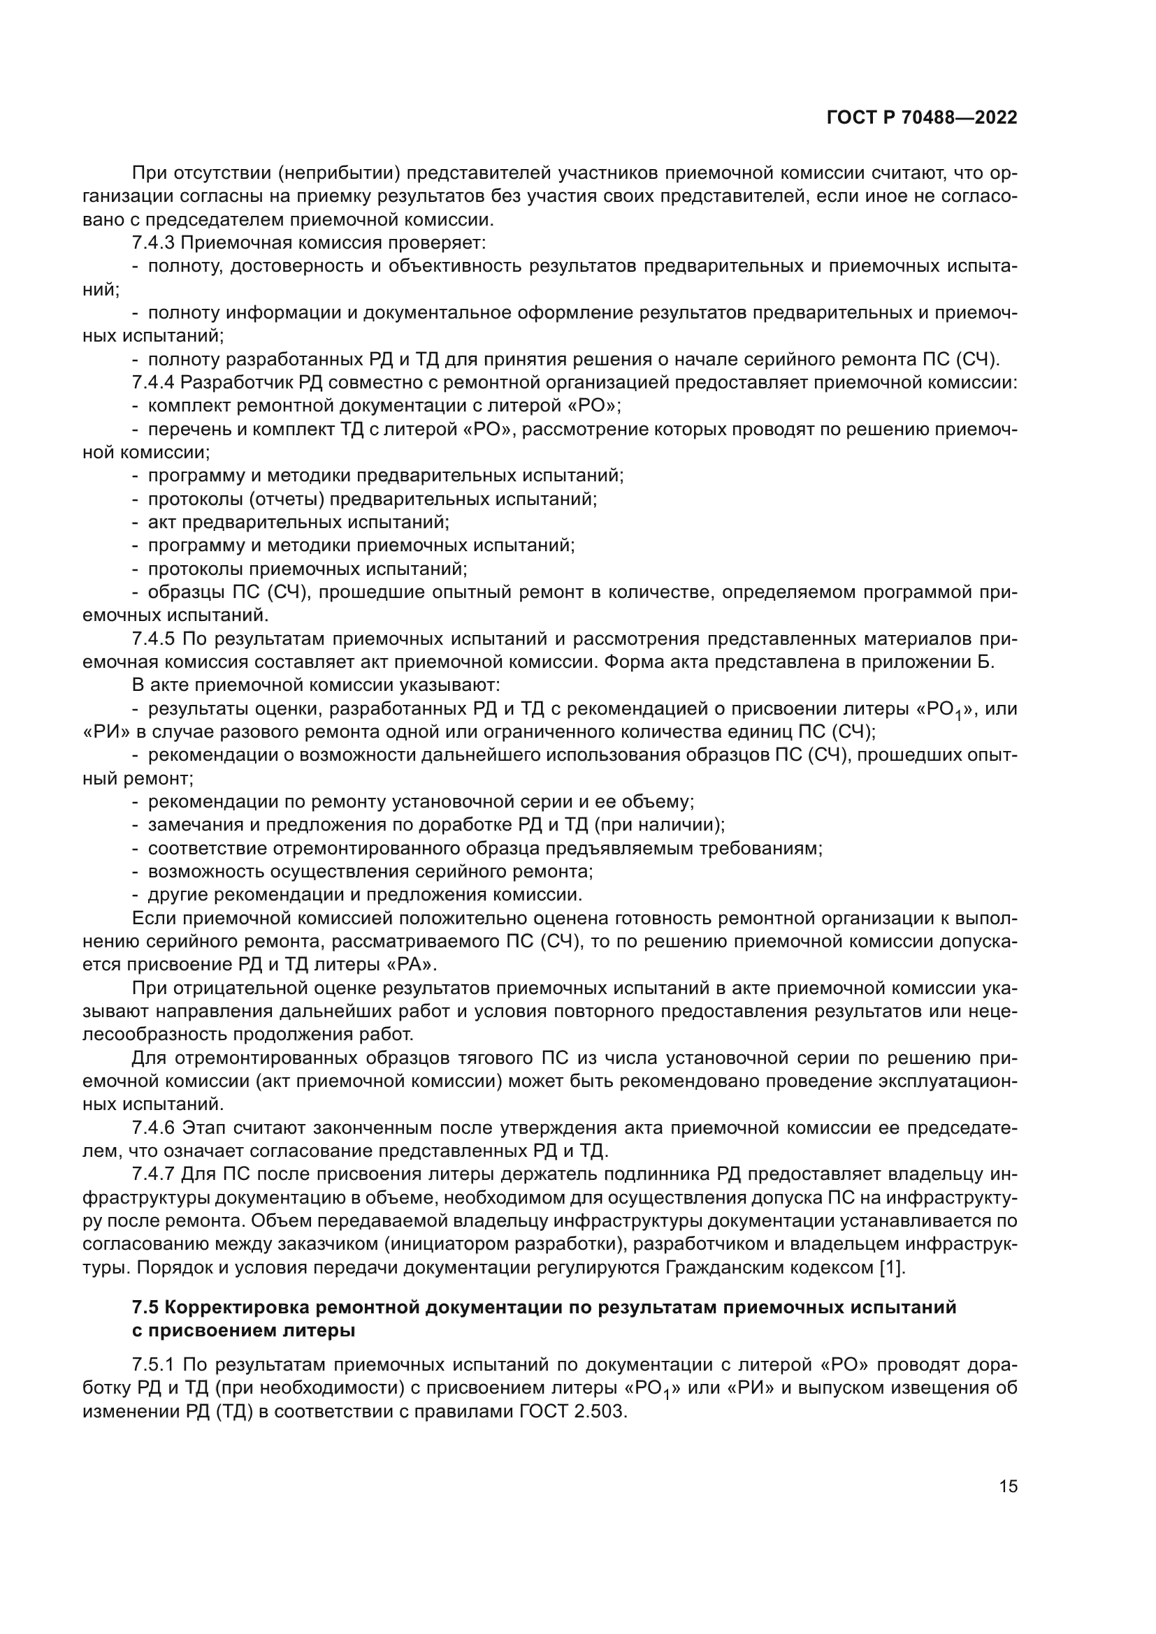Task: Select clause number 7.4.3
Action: [x=153, y=242]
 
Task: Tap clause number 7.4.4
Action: [x=153, y=383]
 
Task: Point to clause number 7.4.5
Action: [x=153, y=639]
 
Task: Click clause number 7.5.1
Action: [x=153, y=1364]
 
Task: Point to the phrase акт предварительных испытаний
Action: [x=298, y=523]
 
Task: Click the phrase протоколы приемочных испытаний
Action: [x=307, y=569]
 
